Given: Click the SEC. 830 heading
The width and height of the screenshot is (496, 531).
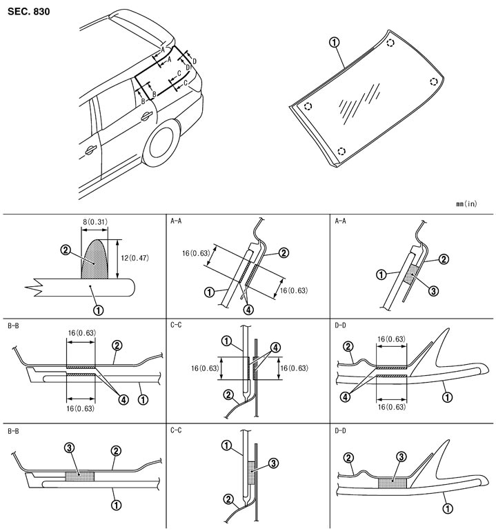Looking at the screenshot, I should tap(29, 12).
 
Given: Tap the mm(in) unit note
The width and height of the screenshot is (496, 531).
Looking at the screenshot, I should tap(466, 203).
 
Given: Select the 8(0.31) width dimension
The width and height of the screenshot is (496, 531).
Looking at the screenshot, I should tap(93, 221).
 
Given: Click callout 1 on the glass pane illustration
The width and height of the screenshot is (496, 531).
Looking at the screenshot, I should tap(334, 43).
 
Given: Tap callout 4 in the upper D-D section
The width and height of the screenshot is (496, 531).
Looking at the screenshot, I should tap(347, 397).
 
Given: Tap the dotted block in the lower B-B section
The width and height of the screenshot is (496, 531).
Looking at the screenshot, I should tap(80, 476).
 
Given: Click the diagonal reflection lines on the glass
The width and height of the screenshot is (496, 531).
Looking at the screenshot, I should tap(359, 103).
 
